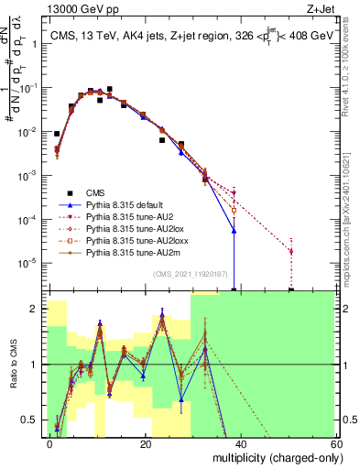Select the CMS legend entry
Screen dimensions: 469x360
tap(96, 192)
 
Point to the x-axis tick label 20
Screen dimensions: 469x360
tap(146, 443)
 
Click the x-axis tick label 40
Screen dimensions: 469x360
tap(241, 443)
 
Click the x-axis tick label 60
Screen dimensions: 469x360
tap(335, 443)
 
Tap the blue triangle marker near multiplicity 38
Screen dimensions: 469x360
tap(235, 231)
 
